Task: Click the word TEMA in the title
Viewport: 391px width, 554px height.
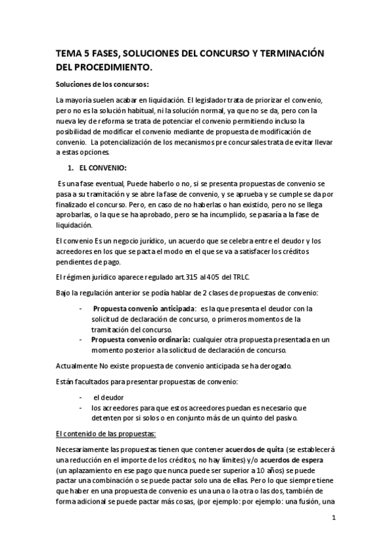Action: tap(67, 54)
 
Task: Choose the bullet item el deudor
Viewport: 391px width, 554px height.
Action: tap(108, 397)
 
